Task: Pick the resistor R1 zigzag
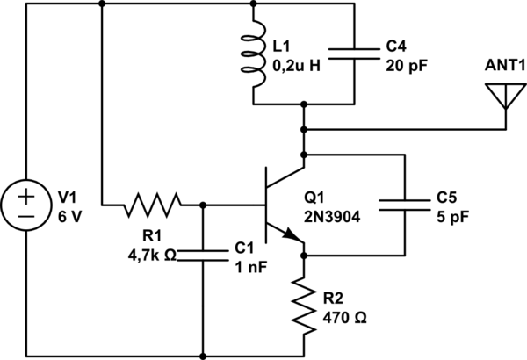click(152, 205)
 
